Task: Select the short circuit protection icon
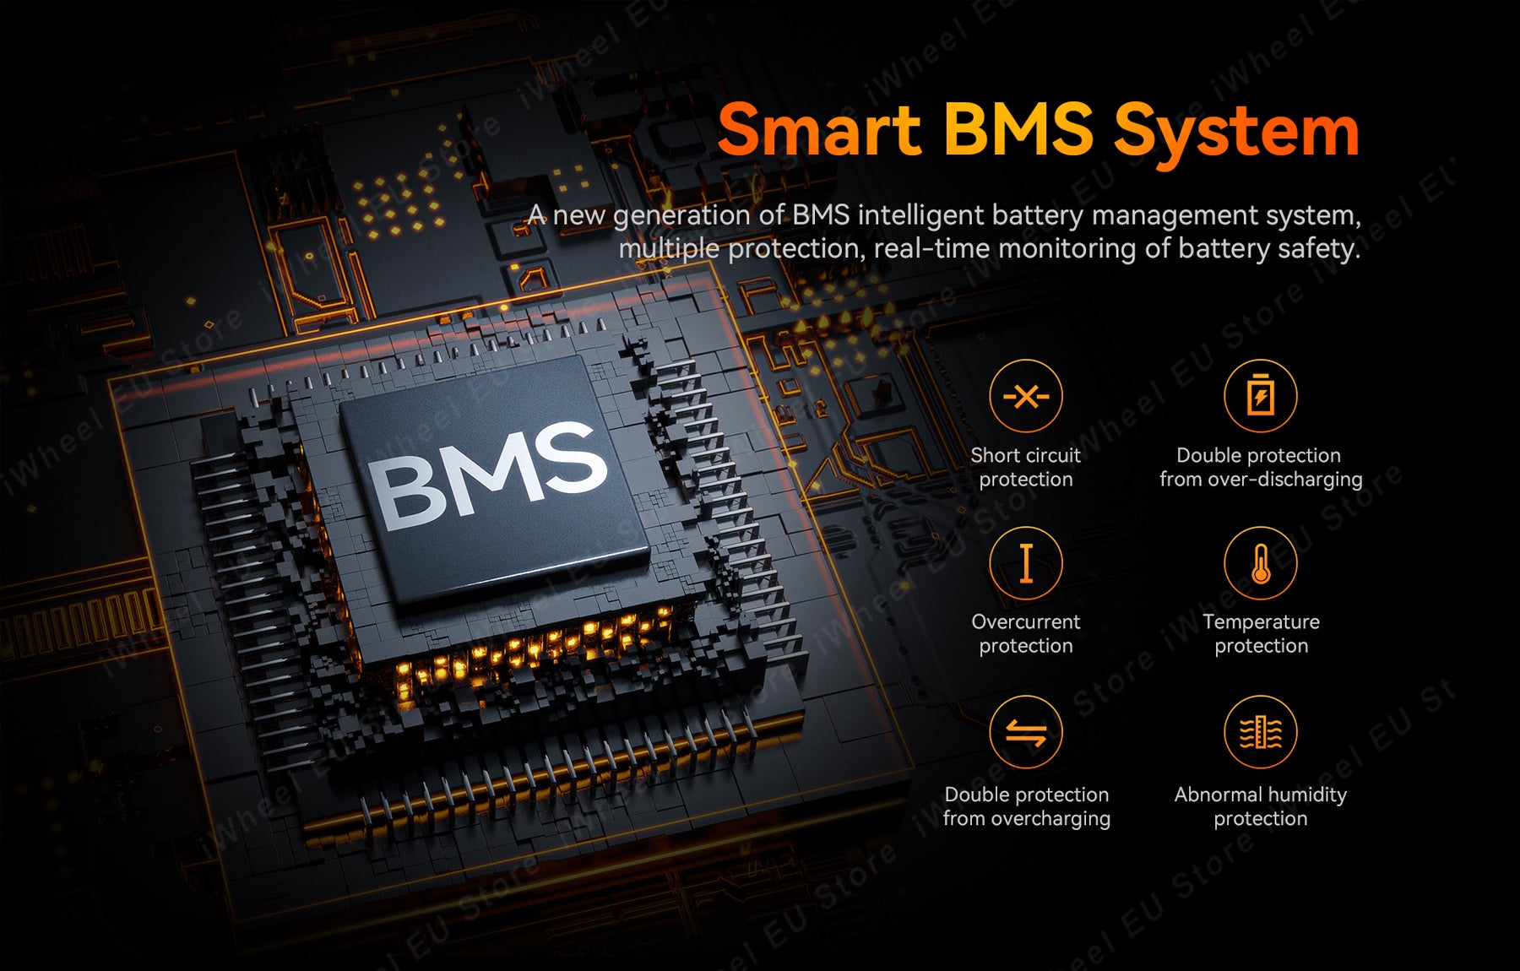[x=1025, y=396]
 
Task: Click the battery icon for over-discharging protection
[x=1260, y=396]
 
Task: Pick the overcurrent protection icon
[x=1025, y=563]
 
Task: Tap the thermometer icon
[x=1260, y=563]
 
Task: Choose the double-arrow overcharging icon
[x=1025, y=732]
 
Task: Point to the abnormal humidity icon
[x=1260, y=732]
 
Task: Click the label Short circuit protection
[x=1025, y=467]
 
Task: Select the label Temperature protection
[x=1261, y=633]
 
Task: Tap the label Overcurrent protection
[x=1025, y=633]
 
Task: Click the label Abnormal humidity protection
[x=1260, y=806]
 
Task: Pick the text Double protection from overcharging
[x=1026, y=806]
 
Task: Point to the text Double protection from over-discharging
[x=1260, y=467]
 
